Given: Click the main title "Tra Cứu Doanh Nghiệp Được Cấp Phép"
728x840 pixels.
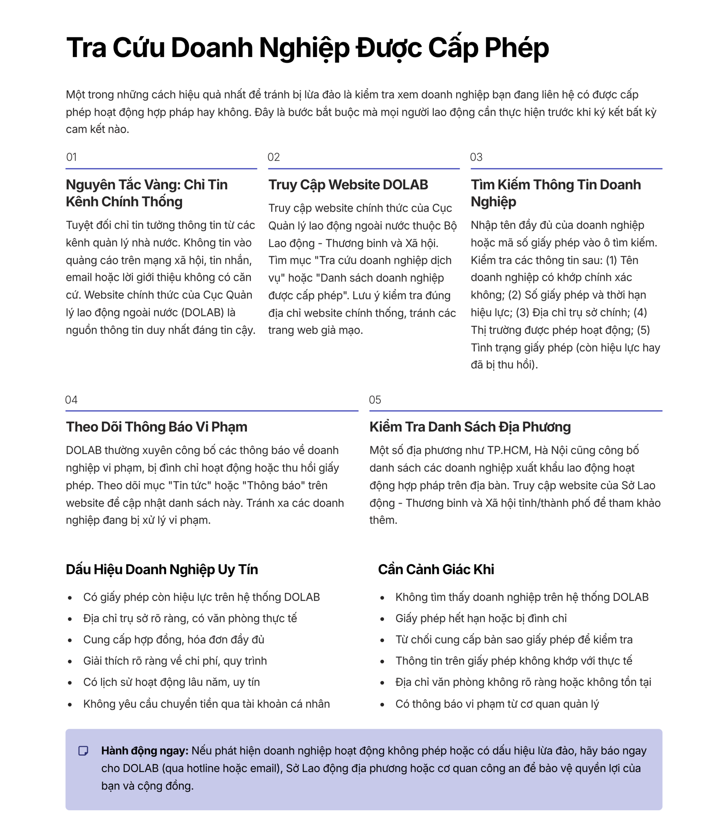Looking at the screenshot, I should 308,48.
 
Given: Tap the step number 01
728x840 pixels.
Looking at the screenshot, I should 71,157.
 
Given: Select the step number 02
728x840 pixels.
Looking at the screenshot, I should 273,157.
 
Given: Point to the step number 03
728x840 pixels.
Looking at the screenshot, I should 476,157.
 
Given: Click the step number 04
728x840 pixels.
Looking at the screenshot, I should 71,400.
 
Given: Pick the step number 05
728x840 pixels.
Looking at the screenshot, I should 375,400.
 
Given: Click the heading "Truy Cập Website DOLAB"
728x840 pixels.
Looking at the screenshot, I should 348,185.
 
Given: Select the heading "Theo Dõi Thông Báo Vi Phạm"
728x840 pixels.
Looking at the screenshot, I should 156,427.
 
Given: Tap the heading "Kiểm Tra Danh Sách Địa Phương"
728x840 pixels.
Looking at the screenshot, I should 470,427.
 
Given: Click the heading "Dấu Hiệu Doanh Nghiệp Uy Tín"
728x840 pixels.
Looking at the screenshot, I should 162,569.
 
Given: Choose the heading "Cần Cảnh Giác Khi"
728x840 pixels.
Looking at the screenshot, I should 436,569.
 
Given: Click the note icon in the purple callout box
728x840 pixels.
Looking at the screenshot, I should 83,751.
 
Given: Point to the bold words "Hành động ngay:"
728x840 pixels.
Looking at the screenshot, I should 145,751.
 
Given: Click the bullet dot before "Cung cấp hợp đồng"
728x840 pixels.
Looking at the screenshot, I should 70,640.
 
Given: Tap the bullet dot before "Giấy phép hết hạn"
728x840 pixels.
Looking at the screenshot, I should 382,619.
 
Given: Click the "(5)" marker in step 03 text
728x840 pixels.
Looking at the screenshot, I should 643,330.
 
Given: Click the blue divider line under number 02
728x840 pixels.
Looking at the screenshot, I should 364,168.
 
